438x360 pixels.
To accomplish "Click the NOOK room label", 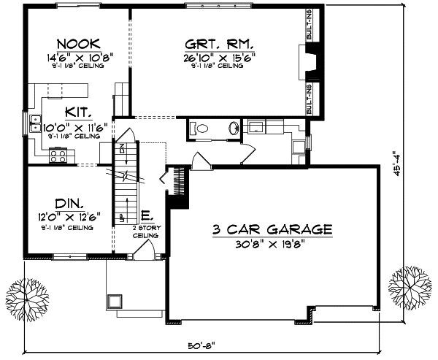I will point(74,43).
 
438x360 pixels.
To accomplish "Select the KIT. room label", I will point(78,112).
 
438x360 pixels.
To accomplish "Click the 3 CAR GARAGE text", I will point(272,229).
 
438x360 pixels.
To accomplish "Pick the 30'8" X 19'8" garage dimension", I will point(272,242).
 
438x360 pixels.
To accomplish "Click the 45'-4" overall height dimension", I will point(415,155).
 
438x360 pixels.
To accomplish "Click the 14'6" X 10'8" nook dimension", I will point(74,56).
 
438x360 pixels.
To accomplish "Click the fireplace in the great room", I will point(312,61).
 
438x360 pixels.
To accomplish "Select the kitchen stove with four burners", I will point(58,155).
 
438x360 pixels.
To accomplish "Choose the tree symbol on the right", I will point(409,284).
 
